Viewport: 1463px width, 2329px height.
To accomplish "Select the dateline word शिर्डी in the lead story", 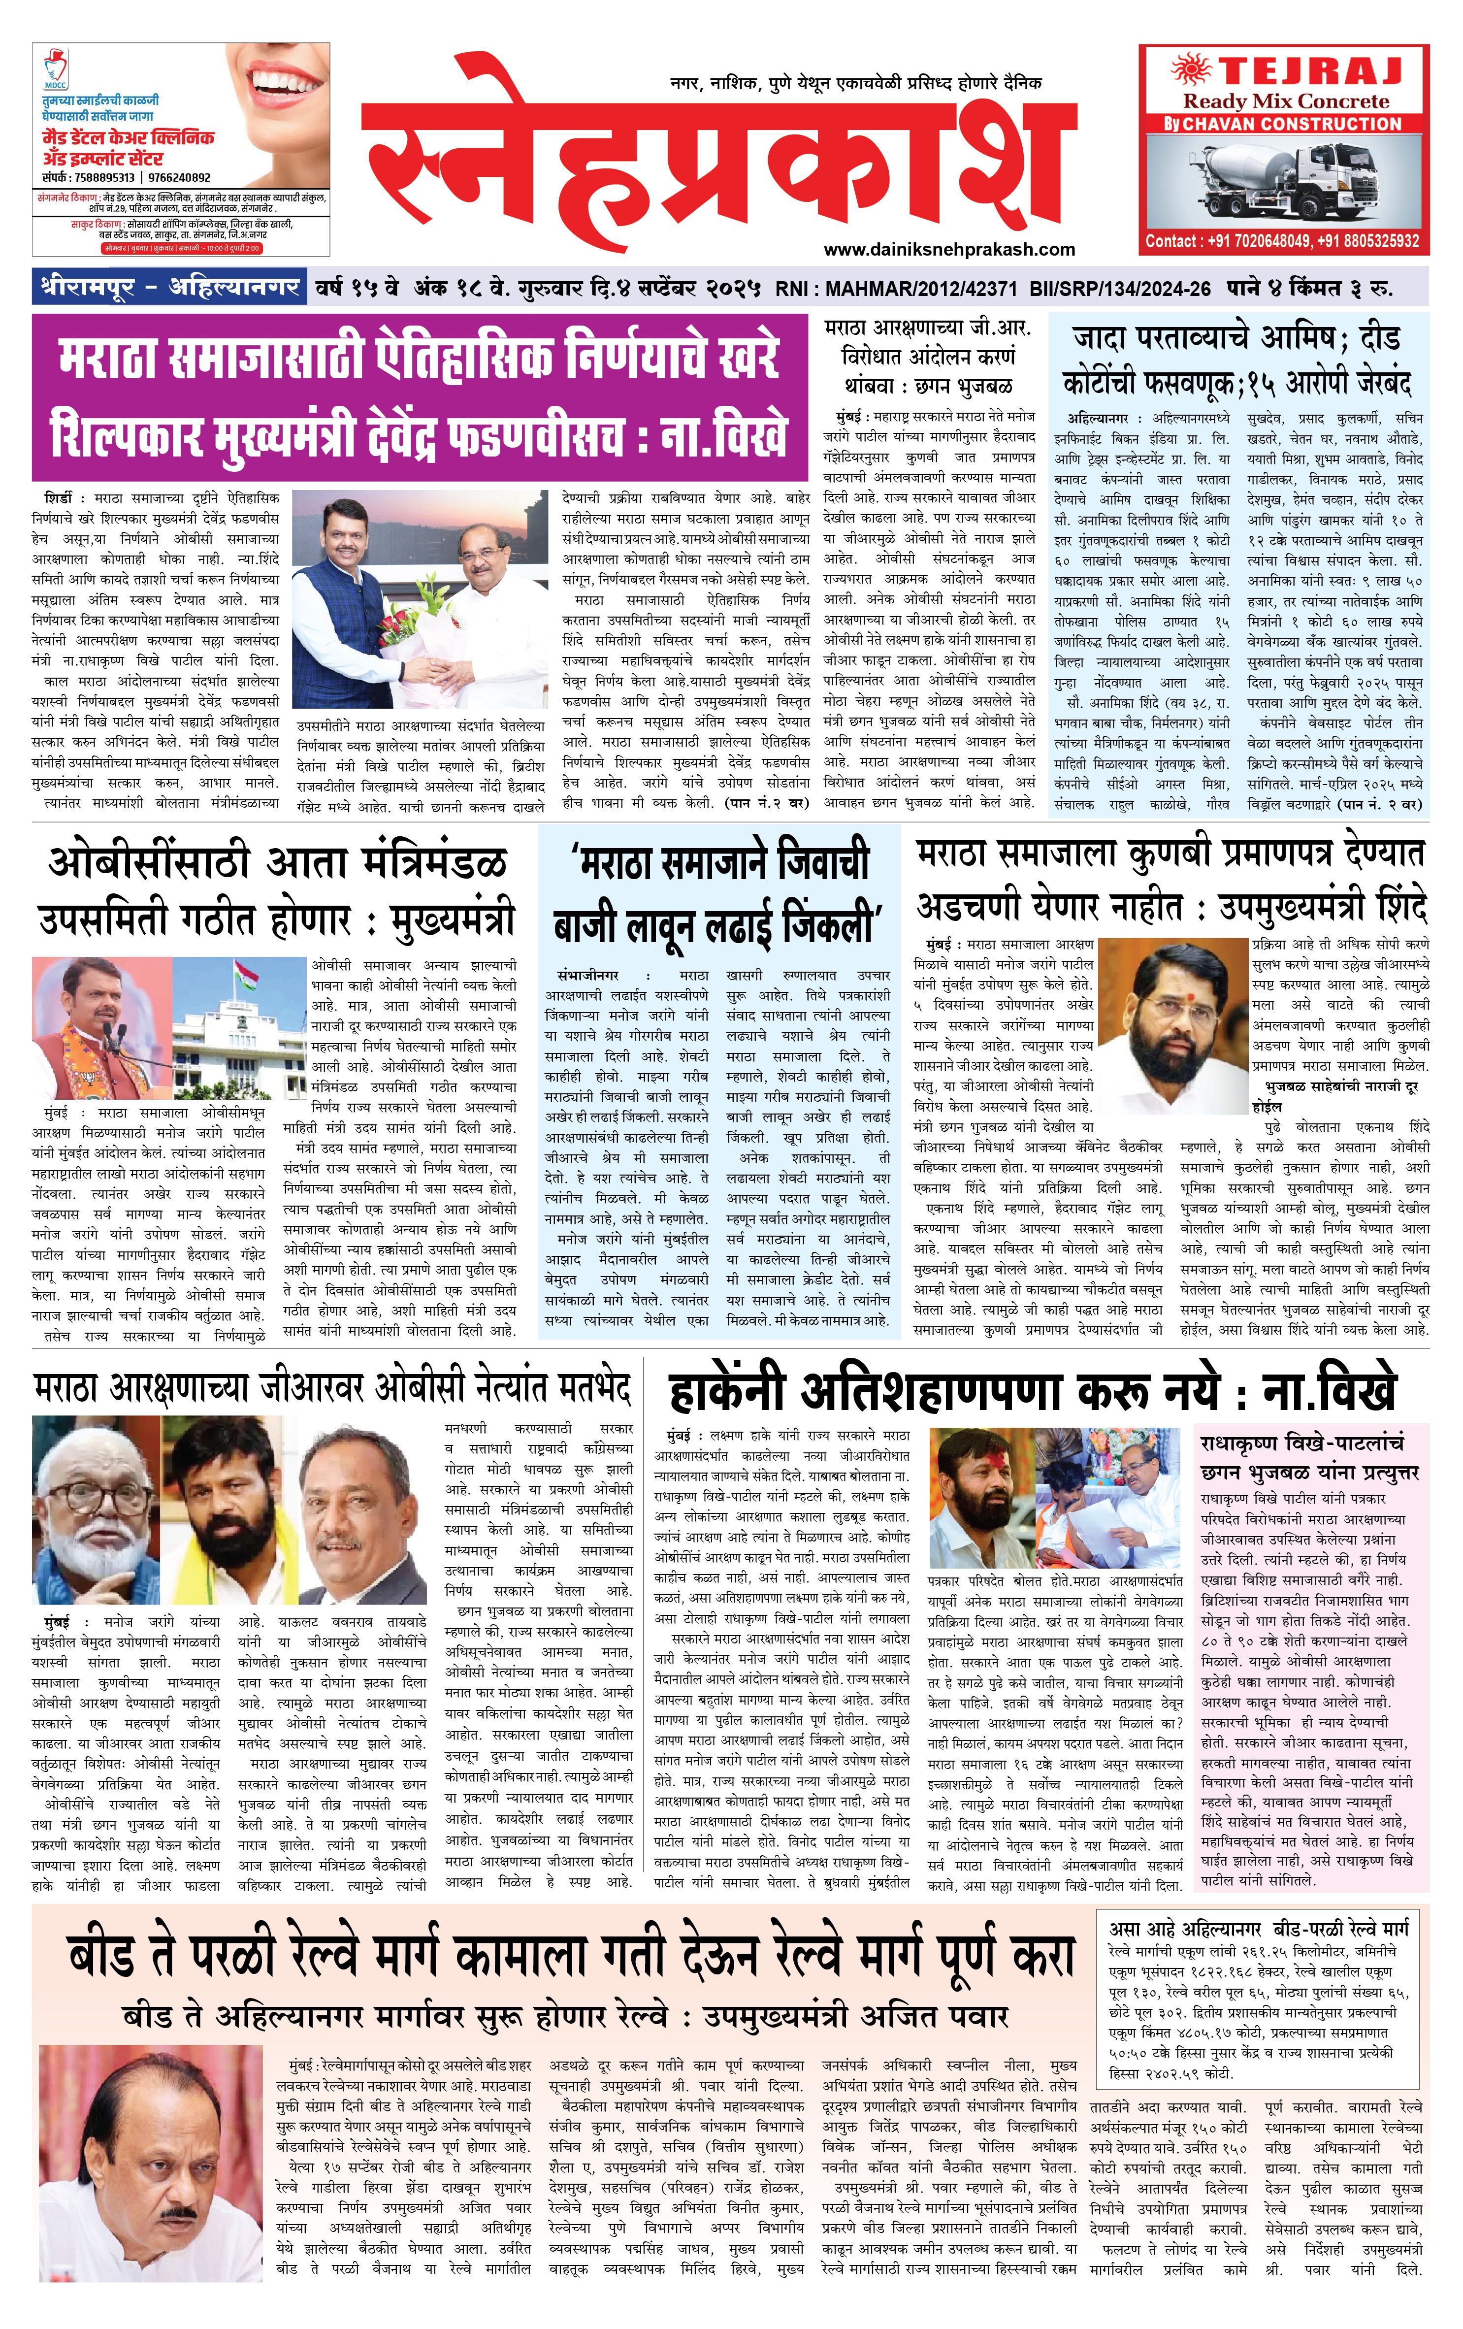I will pos(58,498).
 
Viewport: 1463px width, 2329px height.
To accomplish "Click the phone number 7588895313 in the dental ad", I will pos(102,178).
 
